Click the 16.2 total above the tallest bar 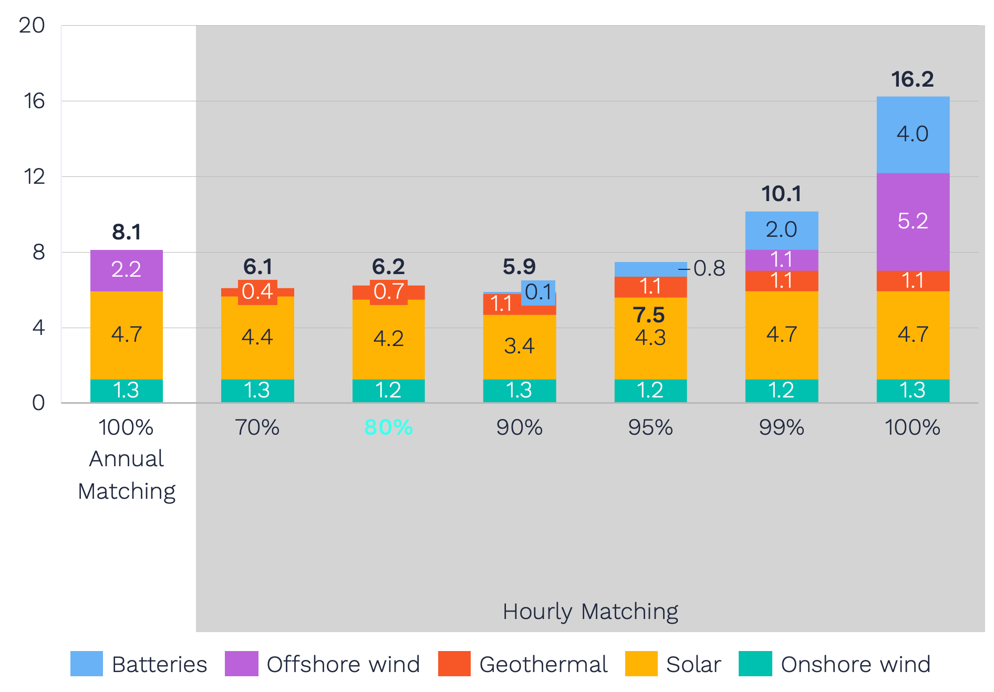pos(912,79)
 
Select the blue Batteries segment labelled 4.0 pos(913,134)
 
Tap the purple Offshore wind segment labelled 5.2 pos(913,221)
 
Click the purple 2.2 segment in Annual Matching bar pos(126,270)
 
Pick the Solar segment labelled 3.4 pos(519,346)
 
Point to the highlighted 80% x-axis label pos(388,427)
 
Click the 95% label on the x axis pos(650,427)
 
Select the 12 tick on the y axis pos(34,176)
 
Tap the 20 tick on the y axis pos(32,25)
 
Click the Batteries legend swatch pos(87,664)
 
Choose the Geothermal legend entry pos(523,664)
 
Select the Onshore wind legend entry pos(835,664)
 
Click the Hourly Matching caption pos(590,612)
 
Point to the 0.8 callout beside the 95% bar pos(709,269)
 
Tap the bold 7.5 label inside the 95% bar pos(649,316)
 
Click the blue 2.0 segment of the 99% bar pos(781,230)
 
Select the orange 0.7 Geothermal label pos(389,291)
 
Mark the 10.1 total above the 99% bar pos(781,194)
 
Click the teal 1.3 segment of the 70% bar pos(257,391)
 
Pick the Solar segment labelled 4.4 pos(257,337)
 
